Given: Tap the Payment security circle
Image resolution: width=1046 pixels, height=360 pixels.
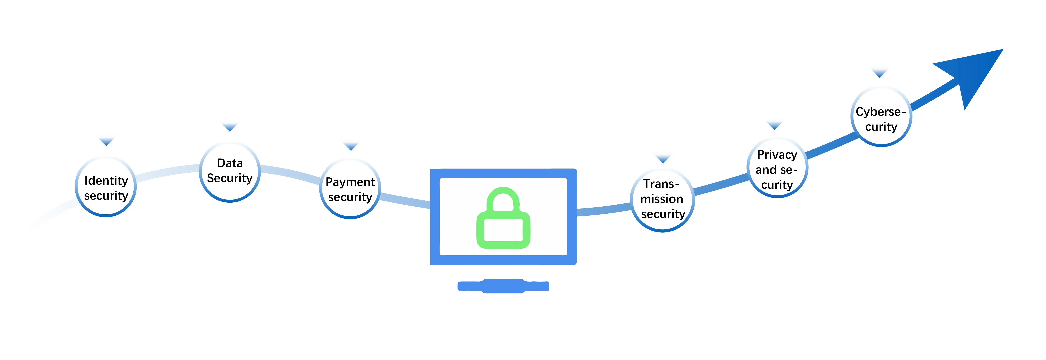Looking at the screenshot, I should click(x=350, y=189).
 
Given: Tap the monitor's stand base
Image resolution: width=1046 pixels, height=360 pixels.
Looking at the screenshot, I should click(x=503, y=286).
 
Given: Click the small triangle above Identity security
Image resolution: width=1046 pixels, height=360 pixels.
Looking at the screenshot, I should click(x=106, y=141).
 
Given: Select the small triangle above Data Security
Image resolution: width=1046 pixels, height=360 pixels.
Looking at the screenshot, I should click(x=230, y=127).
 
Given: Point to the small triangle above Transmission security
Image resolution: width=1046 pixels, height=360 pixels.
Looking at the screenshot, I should click(x=663, y=159).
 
